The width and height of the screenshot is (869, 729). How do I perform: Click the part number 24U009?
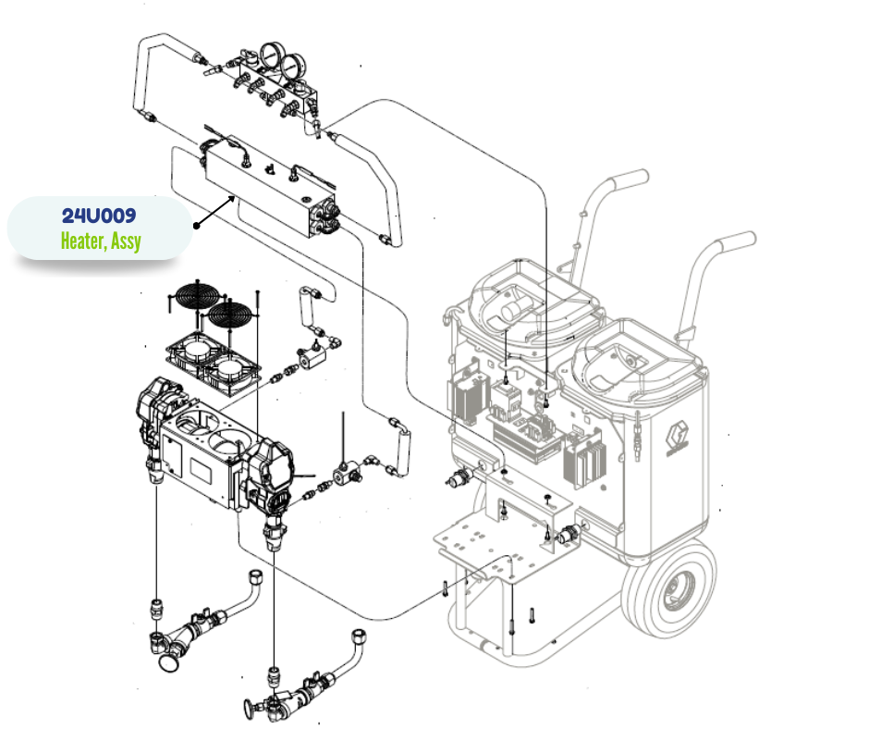(x=99, y=216)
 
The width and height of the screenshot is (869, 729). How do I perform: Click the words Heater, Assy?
(x=101, y=241)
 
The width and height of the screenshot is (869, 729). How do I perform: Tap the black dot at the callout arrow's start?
(x=196, y=226)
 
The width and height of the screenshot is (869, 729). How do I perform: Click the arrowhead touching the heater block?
(x=231, y=199)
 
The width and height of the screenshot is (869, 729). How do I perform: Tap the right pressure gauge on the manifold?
(x=293, y=68)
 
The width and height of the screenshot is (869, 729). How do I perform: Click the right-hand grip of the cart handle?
(x=737, y=241)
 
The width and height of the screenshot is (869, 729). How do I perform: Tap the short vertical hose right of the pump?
(x=400, y=445)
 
